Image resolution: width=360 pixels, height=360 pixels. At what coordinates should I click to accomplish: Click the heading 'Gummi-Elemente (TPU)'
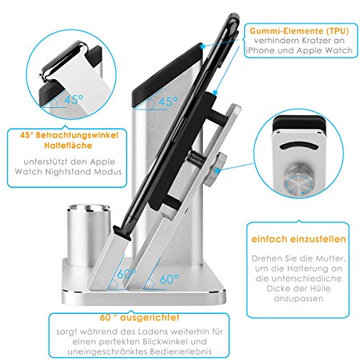(x=299, y=31)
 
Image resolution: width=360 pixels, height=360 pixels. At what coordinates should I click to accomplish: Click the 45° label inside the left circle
(x=73, y=99)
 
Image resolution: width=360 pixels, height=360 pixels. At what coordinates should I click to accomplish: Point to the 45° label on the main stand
(x=168, y=102)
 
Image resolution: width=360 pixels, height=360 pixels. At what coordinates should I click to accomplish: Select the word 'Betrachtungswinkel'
(x=77, y=135)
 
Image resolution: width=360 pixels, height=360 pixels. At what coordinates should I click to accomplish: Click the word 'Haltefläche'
(x=68, y=145)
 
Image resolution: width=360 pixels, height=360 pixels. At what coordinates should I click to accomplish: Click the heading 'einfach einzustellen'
(x=299, y=239)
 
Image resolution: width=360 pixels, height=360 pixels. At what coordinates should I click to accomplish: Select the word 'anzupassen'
(x=299, y=299)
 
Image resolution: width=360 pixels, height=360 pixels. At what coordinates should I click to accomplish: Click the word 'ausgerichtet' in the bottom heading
(x=150, y=318)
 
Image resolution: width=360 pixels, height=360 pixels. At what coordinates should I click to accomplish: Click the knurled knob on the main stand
(x=215, y=170)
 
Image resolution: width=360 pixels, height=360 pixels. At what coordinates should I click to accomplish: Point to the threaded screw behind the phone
(x=198, y=158)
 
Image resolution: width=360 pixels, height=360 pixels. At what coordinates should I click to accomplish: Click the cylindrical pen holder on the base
(x=89, y=234)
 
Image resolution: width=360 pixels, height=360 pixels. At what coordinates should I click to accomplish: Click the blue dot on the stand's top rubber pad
(x=203, y=46)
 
